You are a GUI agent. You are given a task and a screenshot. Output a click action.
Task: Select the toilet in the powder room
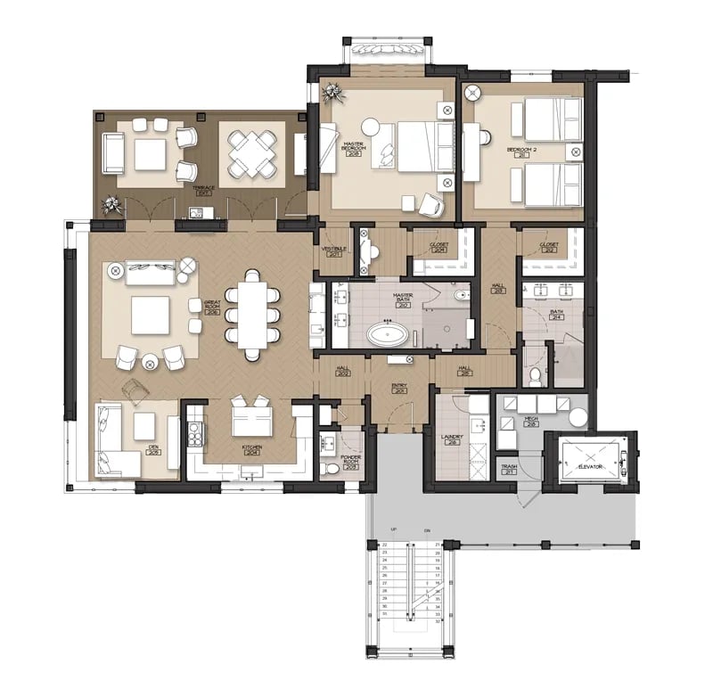click(x=332, y=467)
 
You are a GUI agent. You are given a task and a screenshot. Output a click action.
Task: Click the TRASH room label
click(x=510, y=469)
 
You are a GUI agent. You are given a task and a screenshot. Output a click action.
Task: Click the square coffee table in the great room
click(x=150, y=314)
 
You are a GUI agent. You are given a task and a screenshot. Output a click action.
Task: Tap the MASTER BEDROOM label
click(x=354, y=146)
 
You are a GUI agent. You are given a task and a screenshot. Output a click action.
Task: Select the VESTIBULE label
click(x=334, y=252)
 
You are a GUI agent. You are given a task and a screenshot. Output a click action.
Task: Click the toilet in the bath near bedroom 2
click(x=535, y=377)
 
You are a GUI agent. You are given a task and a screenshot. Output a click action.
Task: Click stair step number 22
click(x=385, y=545)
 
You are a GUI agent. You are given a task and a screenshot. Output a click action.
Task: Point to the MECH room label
click(x=532, y=421)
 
